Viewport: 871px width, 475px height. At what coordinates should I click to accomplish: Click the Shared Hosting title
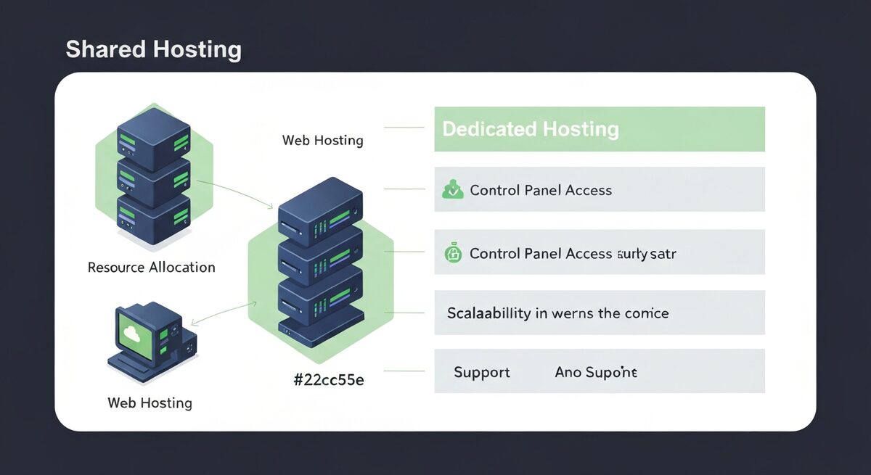click(x=153, y=49)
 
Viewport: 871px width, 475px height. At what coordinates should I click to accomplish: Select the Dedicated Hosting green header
click(x=530, y=129)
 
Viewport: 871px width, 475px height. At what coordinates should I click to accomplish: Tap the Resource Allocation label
click(x=151, y=267)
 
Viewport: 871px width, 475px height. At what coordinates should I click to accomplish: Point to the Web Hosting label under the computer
click(x=150, y=402)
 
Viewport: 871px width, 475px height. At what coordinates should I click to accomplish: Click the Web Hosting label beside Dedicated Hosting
click(x=322, y=140)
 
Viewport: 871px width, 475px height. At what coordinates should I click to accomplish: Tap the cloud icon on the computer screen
click(x=132, y=334)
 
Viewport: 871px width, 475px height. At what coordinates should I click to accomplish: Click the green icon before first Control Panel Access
click(x=452, y=191)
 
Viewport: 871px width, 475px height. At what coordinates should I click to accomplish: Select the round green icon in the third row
click(x=452, y=253)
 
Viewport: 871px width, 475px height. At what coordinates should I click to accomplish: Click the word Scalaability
click(x=488, y=313)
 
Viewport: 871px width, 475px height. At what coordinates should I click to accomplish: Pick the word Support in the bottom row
click(x=481, y=373)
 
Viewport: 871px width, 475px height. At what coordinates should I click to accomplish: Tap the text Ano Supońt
click(x=596, y=373)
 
